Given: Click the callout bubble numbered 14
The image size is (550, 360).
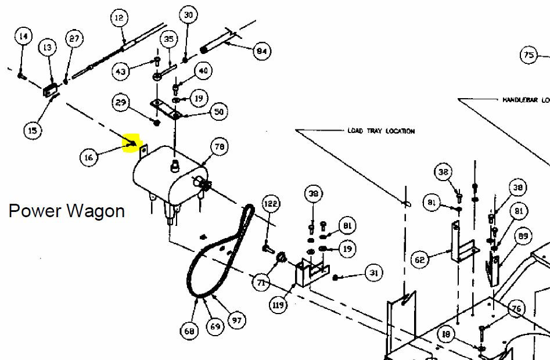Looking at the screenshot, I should coord(23,37).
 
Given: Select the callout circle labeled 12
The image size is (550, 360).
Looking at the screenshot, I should coord(119,19).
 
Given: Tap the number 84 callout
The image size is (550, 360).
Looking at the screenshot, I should coord(261,52).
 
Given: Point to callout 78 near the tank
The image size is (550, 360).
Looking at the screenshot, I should coord(220,147).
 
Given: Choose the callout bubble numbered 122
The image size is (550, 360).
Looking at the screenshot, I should coord(271,204).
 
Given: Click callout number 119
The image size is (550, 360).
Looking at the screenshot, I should coord(279,304).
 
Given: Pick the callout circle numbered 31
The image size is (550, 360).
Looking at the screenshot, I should coord(374,273).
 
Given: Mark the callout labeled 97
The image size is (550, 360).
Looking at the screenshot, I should coord(237,320).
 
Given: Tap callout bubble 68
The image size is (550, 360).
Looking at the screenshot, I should coord(189,332).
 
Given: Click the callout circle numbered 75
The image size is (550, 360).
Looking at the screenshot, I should coord(529,56).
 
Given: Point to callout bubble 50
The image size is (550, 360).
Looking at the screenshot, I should coord(219,112).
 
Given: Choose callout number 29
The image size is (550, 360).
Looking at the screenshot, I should coord(121,103).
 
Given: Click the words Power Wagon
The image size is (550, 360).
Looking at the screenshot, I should coord(66,210).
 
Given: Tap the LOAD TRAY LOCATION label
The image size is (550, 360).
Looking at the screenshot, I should coord(381,131).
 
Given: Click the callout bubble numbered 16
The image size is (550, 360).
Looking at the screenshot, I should coord(89,157).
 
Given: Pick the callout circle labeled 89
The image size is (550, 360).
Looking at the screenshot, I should coord(523,236).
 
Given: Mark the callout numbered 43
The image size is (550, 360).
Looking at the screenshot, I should coord(121,72).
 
